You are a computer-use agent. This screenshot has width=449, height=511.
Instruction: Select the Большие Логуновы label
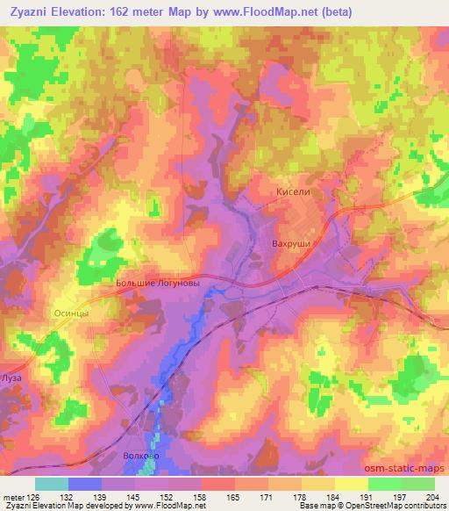163,284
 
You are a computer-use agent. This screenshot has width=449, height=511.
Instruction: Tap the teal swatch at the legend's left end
51,484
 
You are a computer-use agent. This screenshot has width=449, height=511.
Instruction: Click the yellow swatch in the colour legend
351,484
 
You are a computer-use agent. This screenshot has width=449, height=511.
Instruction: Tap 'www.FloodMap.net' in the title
279,11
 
